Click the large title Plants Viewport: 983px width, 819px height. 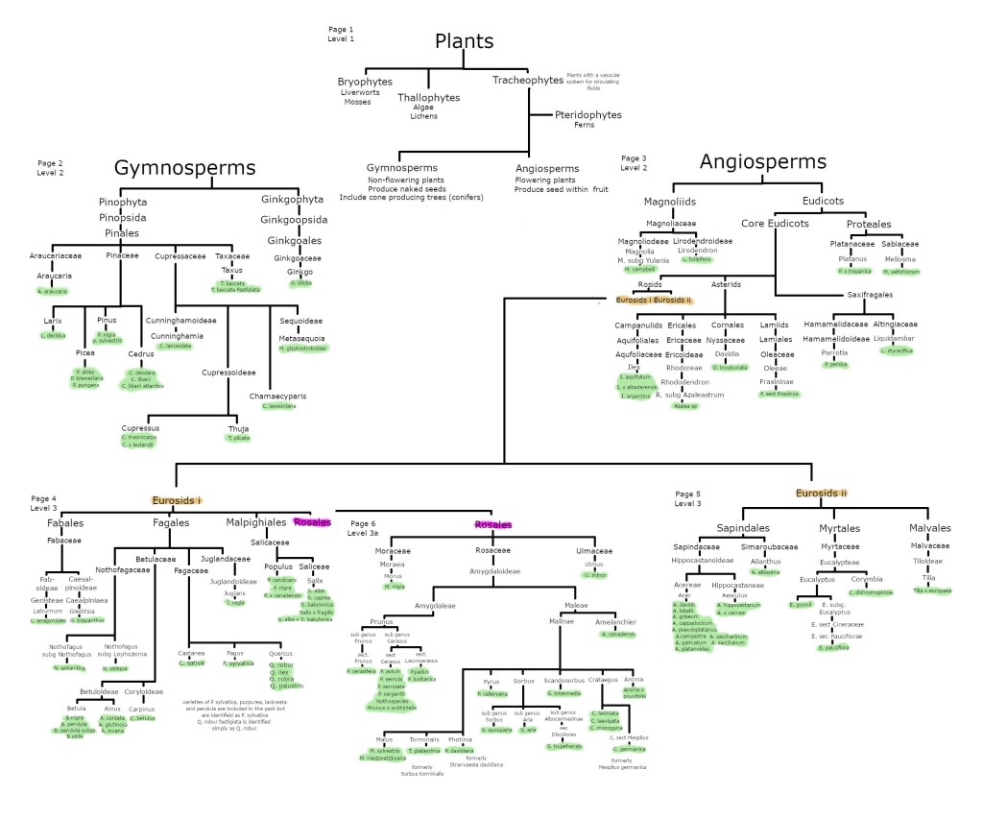click(x=465, y=40)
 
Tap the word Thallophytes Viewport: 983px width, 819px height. click(x=429, y=97)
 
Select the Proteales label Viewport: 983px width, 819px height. click(x=870, y=224)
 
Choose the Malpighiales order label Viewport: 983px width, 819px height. click(x=256, y=522)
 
